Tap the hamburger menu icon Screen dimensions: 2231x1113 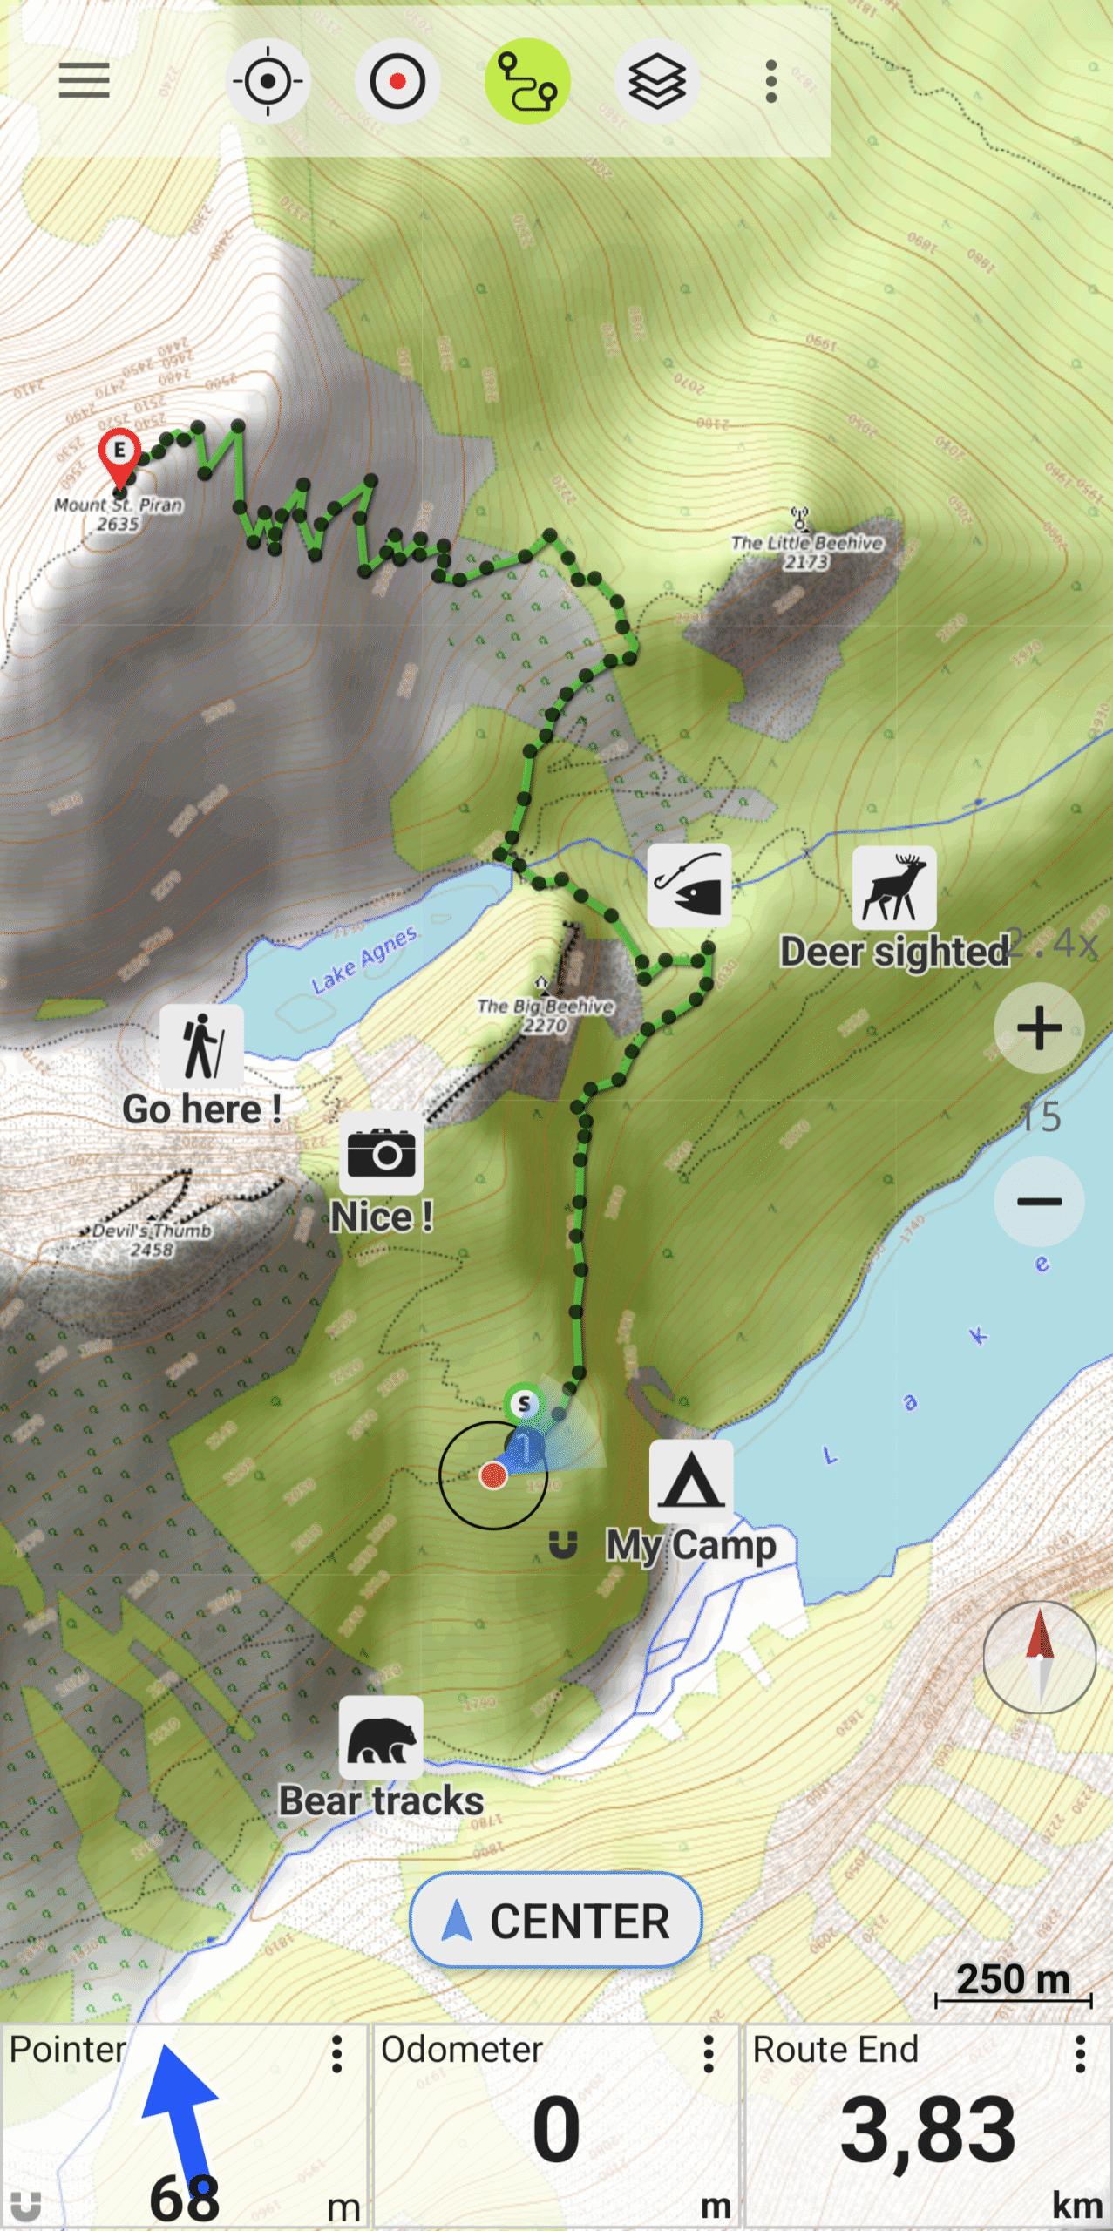[84, 81]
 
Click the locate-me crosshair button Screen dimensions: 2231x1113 [268, 81]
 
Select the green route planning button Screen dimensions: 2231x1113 [526, 81]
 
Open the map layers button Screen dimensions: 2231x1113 [657, 81]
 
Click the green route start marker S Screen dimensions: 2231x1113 [524, 1404]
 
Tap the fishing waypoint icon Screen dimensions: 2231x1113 [689, 885]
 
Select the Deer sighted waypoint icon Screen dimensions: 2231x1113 [894, 888]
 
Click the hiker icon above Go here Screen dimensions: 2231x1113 [201, 1046]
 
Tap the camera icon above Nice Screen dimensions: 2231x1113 [381, 1154]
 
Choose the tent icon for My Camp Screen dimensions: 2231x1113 [691, 1482]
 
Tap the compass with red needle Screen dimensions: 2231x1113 [1039, 1657]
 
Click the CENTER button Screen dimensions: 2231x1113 [556, 1921]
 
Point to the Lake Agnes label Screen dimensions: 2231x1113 [365, 960]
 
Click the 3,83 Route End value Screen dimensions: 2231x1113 [927, 2132]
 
